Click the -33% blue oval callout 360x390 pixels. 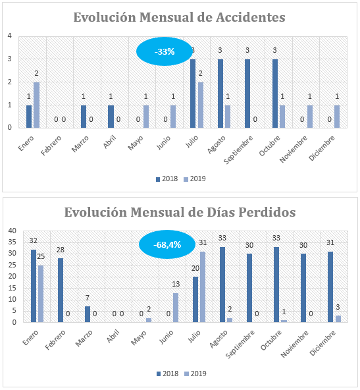165,51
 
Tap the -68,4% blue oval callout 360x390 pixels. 167,244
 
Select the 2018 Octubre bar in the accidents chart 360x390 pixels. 275,94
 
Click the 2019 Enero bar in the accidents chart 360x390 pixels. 36,105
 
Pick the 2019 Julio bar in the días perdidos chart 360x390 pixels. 203,287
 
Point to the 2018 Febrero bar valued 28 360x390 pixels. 61,291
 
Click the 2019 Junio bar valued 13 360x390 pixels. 176,308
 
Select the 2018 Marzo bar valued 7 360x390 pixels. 88,314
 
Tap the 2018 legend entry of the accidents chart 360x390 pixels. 167,179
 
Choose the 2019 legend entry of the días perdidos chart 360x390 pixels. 195,374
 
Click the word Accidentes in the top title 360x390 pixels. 251,17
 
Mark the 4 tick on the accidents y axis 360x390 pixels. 9,36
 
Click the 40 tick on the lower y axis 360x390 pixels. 12,231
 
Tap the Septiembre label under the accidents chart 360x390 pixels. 238,150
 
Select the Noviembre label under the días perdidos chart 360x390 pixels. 295,344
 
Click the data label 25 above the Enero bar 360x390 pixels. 41,256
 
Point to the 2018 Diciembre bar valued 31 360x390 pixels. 330,287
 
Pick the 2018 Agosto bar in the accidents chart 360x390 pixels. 220,94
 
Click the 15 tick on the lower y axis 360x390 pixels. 12,288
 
